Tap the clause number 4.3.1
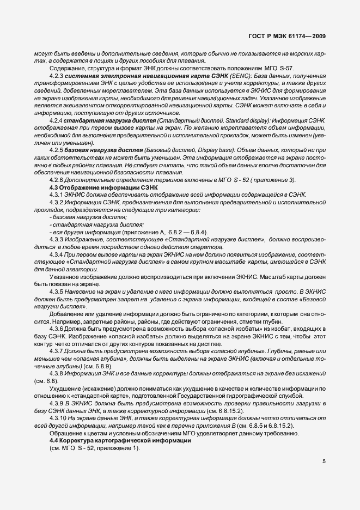click(x=56, y=194)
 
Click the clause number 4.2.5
click(x=56, y=149)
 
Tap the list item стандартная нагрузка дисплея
click(x=88, y=224)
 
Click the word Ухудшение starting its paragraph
click(x=64, y=388)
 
